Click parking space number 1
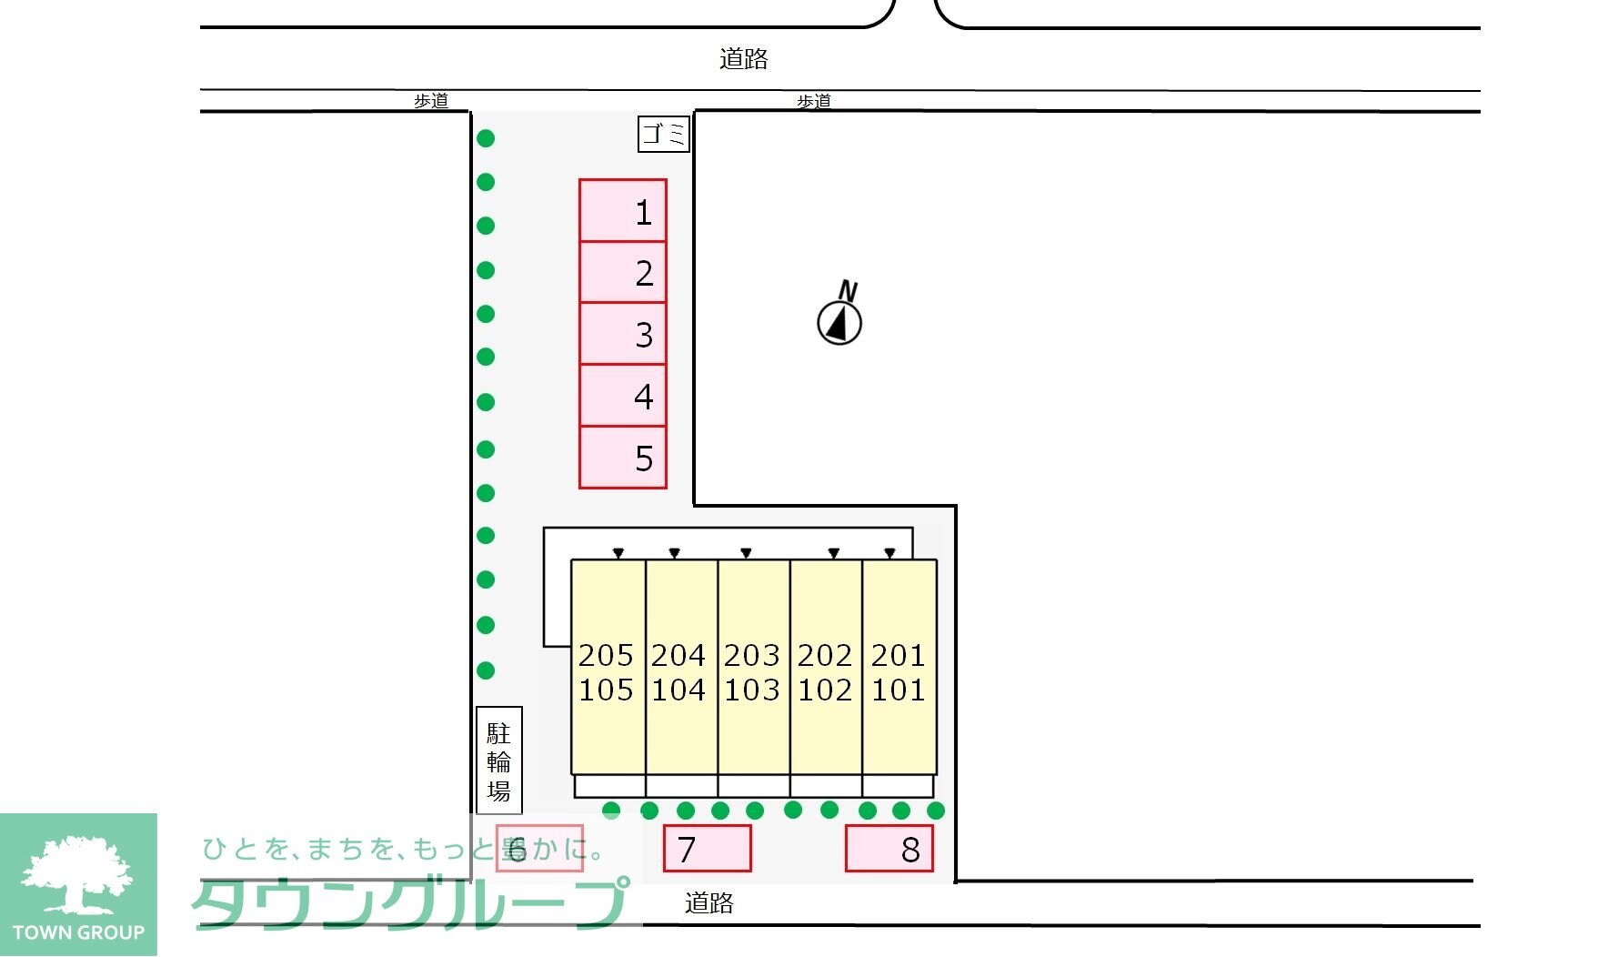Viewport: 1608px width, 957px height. coord(623,211)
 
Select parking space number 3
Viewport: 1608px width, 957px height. coord(623,334)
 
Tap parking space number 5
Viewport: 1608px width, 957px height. coord(623,458)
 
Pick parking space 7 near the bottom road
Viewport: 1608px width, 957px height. coord(708,849)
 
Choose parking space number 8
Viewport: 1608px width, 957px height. coord(889,849)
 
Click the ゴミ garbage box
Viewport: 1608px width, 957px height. coord(664,134)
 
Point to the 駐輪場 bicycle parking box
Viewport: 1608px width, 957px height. coord(499,761)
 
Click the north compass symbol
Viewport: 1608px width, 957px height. coord(839,315)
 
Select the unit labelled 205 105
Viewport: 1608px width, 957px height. coord(608,667)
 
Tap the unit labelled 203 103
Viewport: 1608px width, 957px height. coord(754,667)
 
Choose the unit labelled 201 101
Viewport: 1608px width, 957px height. coord(899,667)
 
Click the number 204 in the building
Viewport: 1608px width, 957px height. coord(678,655)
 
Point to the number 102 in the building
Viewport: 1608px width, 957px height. coord(825,690)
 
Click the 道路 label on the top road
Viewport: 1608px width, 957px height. coord(744,59)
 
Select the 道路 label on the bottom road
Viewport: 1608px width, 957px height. coord(709,902)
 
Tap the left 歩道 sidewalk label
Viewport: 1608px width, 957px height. coord(431,101)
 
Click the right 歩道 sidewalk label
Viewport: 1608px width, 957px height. coord(814,101)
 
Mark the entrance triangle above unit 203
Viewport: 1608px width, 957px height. coord(746,553)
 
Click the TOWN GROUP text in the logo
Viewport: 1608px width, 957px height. coord(78,932)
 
